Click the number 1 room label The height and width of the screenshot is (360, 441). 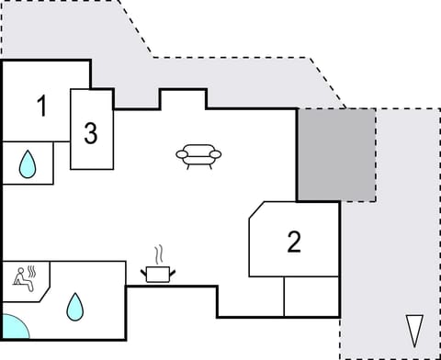[x=41, y=107]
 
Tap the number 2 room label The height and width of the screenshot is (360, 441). [x=294, y=242]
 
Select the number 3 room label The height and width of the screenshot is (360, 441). [x=90, y=133]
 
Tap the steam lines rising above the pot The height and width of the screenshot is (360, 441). [x=159, y=253]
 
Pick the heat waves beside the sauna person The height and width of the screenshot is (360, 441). [x=33, y=273]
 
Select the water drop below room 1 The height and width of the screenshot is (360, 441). [x=28, y=164]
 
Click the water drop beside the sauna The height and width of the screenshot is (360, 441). [x=74, y=307]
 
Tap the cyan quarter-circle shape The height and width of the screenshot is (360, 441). [x=13, y=327]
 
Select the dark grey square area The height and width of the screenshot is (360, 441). [x=335, y=154]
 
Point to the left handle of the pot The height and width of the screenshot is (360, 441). [x=143, y=271]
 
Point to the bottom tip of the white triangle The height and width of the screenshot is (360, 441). [x=415, y=343]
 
